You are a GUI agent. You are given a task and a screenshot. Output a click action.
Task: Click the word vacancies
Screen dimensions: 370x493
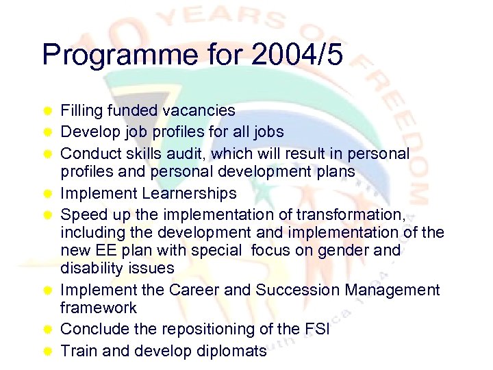point(201,110)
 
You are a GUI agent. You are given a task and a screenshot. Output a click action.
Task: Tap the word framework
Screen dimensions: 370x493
point(99,308)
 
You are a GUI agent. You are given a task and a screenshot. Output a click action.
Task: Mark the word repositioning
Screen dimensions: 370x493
point(223,330)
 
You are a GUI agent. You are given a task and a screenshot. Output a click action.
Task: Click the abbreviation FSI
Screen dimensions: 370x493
point(316,330)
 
